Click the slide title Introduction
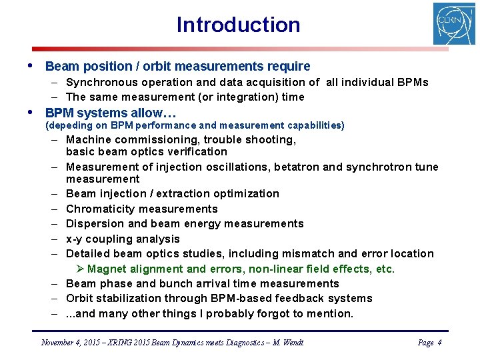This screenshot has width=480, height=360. pos(238,25)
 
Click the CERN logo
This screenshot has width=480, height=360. pos(454,23)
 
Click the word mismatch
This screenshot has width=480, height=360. pos(309,253)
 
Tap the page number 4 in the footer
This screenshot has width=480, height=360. pos(439,343)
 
